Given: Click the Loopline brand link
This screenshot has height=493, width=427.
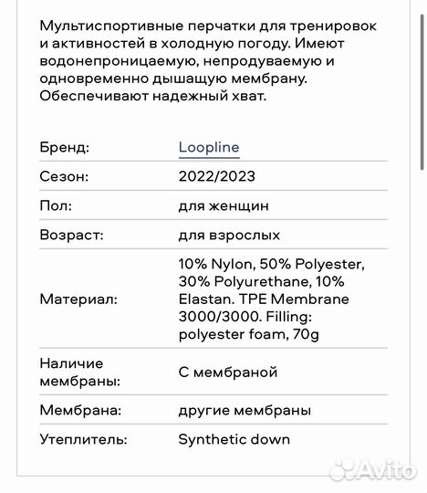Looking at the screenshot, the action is (209, 148).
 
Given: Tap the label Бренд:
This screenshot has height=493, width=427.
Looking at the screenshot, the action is (64, 148).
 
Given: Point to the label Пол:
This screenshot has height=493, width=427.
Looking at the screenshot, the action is (56, 206).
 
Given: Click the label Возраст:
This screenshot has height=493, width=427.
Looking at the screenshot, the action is (71, 236).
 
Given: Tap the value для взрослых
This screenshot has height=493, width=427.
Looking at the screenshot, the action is (229, 236).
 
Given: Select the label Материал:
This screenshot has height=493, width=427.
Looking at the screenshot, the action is (78, 299).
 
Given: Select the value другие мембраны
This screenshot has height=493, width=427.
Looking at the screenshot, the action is (245, 411).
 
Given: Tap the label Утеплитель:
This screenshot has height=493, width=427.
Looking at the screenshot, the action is (83, 440).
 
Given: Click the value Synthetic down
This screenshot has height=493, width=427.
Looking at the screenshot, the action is (234, 440).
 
